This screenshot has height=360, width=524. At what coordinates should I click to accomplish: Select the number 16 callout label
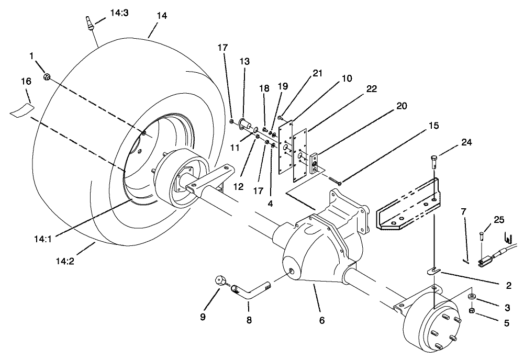coord(26,81)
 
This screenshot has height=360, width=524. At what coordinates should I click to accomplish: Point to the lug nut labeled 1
coord(47,77)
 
